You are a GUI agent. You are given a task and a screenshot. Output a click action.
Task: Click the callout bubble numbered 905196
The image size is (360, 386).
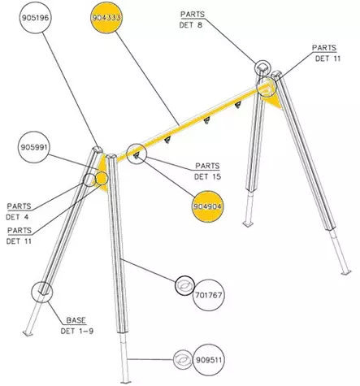[35, 18]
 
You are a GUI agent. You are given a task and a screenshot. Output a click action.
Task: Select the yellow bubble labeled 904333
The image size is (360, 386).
[106, 18]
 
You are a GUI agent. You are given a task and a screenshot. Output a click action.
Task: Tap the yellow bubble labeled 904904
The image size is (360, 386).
[207, 206]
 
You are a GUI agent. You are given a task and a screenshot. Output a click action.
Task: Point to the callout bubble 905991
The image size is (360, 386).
[34, 147]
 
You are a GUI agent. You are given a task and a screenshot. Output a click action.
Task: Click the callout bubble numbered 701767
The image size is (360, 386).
[209, 295]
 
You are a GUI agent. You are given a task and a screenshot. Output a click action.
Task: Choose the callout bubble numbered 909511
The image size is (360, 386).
[209, 360]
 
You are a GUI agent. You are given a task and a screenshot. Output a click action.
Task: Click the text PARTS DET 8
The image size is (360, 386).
[192, 20]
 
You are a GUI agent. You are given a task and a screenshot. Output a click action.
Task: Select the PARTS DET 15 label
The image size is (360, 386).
[207, 171]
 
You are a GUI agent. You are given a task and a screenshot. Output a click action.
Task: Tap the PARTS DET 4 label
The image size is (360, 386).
[19, 211]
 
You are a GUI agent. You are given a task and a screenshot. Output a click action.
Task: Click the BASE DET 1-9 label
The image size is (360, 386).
[76, 326]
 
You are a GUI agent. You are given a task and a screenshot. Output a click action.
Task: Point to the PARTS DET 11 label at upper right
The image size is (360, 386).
[327, 53]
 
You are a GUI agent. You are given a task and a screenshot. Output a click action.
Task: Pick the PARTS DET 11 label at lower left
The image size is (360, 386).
[19, 236]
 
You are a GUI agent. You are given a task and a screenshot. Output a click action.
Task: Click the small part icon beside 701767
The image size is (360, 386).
[184, 285]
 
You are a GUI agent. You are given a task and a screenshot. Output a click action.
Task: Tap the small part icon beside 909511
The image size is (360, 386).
[183, 359]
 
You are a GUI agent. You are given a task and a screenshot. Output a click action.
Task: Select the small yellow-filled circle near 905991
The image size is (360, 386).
[102, 178]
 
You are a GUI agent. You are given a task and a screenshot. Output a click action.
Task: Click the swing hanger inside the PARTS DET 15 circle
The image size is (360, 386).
[137, 155]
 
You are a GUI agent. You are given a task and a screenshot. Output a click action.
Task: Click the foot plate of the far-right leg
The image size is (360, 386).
[346, 272]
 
